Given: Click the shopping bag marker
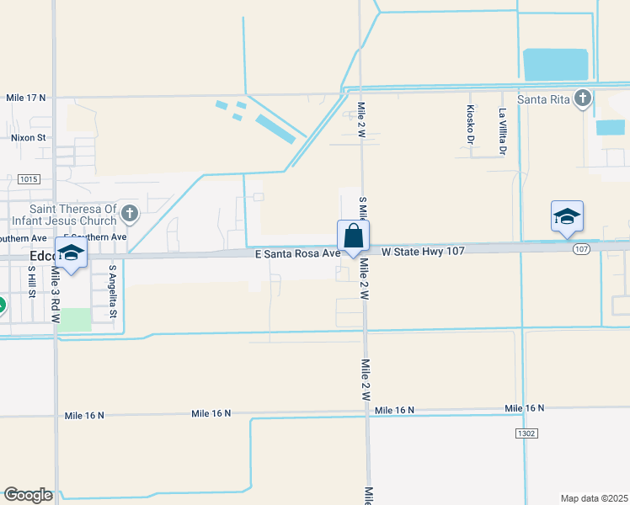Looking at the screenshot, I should pyautogui.click(x=353, y=237).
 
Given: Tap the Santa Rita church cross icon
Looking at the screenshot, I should pyautogui.click(x=582, y=98).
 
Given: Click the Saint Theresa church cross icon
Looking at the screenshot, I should pyautogui.click(x=130, y=213).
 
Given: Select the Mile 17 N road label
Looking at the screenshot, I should pyautogui.click(x=25, y=98).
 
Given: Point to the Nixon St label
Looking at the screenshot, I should pyautogui.click(x=28, y=137).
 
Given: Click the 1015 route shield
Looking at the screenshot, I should pyautogui.click(x=28, y=179).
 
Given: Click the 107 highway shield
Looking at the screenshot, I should pyautogui.click(x=581, y=249).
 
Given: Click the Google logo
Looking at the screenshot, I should pyautogui.click(x=28, y=495).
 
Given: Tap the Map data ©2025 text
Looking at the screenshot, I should pyautogui.click(x=594, y=497).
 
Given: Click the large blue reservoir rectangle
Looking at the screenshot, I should pyautogui.click(x=556, y=65).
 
